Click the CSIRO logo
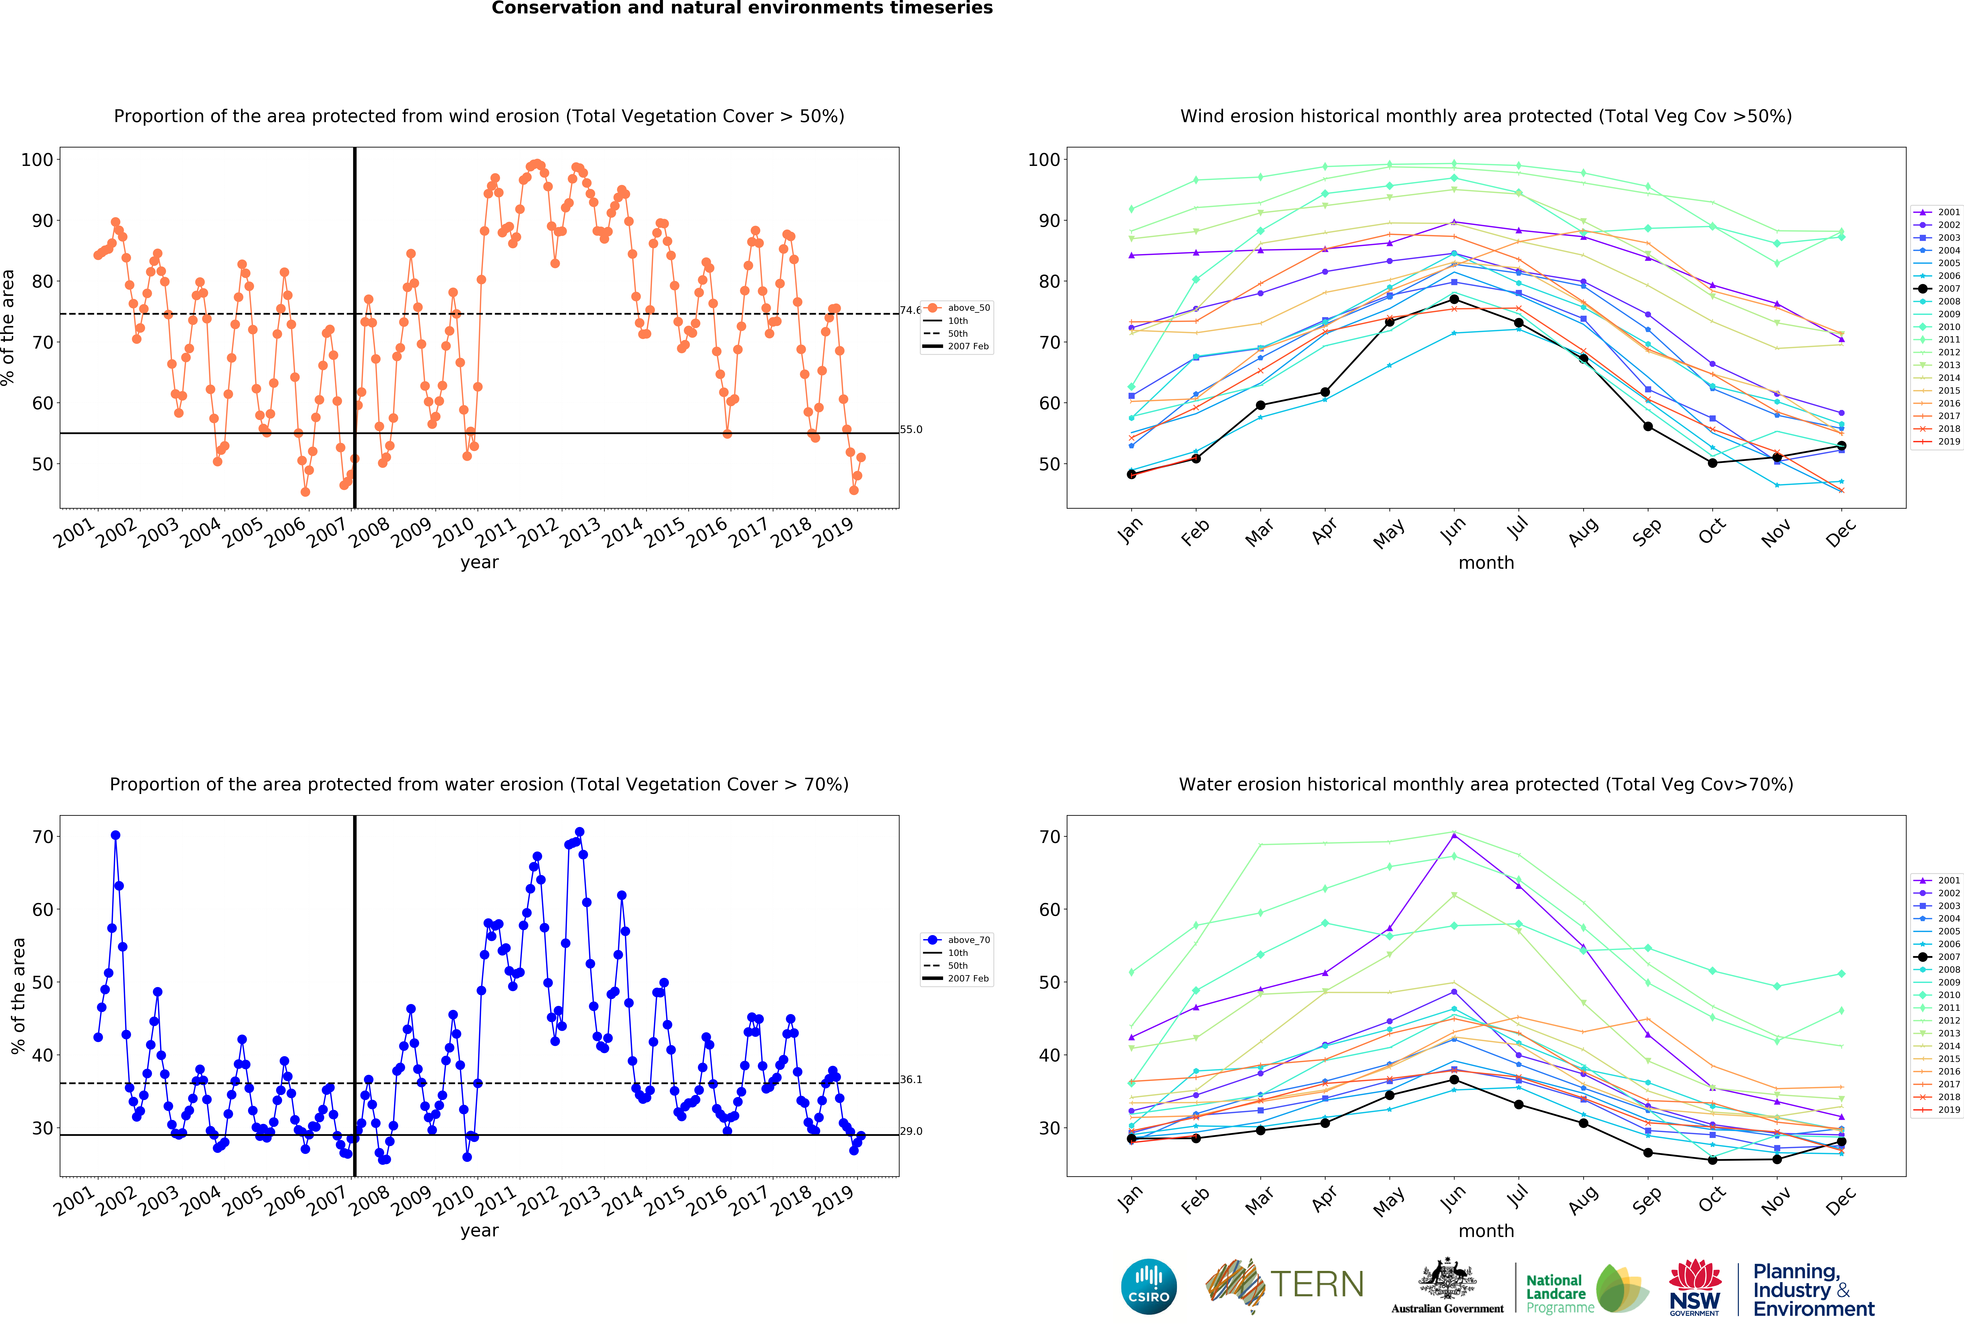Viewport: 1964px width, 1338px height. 1148,1286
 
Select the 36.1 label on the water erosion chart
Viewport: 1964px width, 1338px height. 911,1079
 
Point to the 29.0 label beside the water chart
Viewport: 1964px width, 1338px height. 911,1131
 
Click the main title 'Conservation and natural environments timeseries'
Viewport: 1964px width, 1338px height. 742,8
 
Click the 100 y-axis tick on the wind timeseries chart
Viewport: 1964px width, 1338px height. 37,160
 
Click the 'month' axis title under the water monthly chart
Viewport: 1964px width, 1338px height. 1486,1231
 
